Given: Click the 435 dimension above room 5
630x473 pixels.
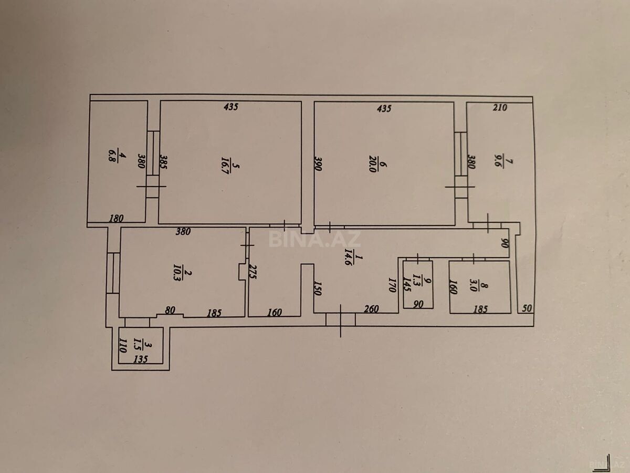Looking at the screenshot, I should (231, 107).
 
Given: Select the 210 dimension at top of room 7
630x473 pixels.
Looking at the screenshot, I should (500, 108).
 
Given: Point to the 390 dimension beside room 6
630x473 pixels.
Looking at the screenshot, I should (318, 163).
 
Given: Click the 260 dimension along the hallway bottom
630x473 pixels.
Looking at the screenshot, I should (371, 310).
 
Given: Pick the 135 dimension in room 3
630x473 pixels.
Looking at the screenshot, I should (140, 360).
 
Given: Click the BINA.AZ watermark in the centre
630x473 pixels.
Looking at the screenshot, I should (315, 239).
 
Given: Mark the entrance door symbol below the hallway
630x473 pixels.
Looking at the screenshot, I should (341, 319).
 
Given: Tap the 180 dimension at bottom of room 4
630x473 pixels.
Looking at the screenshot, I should (116, 218).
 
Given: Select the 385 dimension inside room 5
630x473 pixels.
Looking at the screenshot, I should (163, 163).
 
